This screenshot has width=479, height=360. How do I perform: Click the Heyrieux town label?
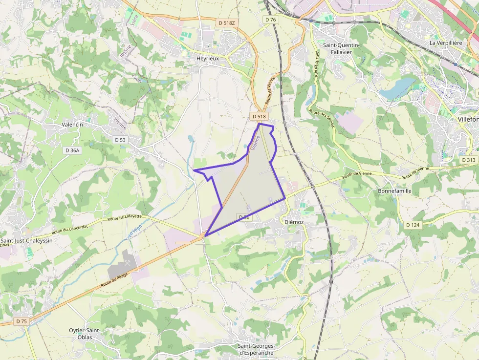(207, 58)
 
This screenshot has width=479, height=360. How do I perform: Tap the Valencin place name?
(72, 125)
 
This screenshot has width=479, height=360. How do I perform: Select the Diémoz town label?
(294, 221)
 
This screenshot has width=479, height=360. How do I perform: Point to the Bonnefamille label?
(394, 191)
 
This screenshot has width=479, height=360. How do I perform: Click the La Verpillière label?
(446, 43)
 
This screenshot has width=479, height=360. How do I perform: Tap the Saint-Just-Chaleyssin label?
(26, 240)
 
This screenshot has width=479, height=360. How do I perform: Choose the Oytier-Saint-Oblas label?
(85, 334)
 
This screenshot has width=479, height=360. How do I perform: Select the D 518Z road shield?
(227, 22)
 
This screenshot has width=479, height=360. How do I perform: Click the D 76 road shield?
(270, 20)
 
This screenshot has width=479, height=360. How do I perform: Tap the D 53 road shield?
(120, 140)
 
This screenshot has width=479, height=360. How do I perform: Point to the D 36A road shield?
(72, 150)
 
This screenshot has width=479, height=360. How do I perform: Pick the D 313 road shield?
(468, 160)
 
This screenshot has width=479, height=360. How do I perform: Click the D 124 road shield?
(413, 225)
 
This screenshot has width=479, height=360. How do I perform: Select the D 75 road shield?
(21, 321)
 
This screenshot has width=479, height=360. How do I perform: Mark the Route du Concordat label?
(70, 229)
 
